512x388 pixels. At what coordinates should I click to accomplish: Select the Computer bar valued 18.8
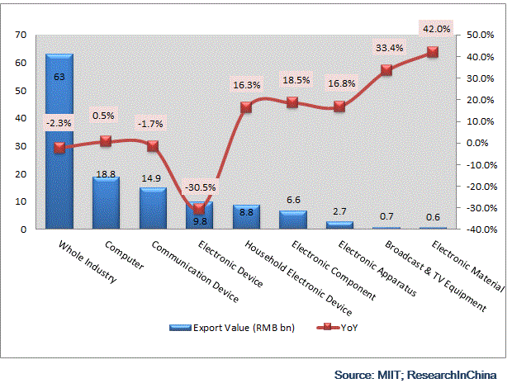[106, 202]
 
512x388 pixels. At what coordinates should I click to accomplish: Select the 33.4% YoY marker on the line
[386, 70]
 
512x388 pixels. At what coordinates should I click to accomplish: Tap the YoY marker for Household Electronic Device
[246, 107]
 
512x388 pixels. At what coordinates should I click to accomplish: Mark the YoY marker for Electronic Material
[434, 52]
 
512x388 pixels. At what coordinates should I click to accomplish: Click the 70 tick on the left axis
[21, 35]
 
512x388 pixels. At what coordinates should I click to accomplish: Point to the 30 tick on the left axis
[21, 146]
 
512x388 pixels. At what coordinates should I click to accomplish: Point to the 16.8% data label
[340, 83]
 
